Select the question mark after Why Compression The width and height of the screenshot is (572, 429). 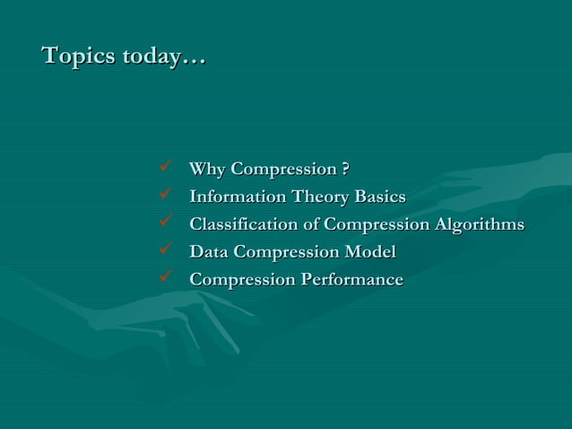pos(345,169)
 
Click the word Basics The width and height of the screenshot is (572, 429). pos(380,197)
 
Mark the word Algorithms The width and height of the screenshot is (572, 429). pos(479,224)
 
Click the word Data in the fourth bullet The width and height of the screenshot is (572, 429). pos(209,252)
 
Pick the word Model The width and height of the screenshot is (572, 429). pos(371,252)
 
